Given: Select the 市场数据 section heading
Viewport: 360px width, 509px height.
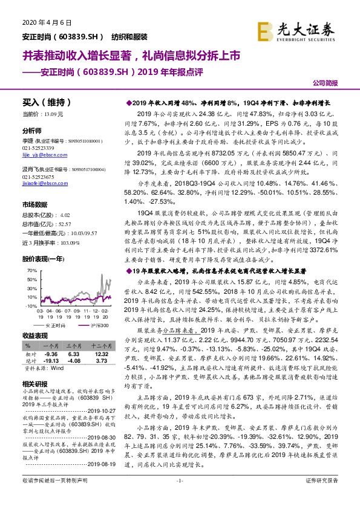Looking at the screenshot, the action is (36, 204).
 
